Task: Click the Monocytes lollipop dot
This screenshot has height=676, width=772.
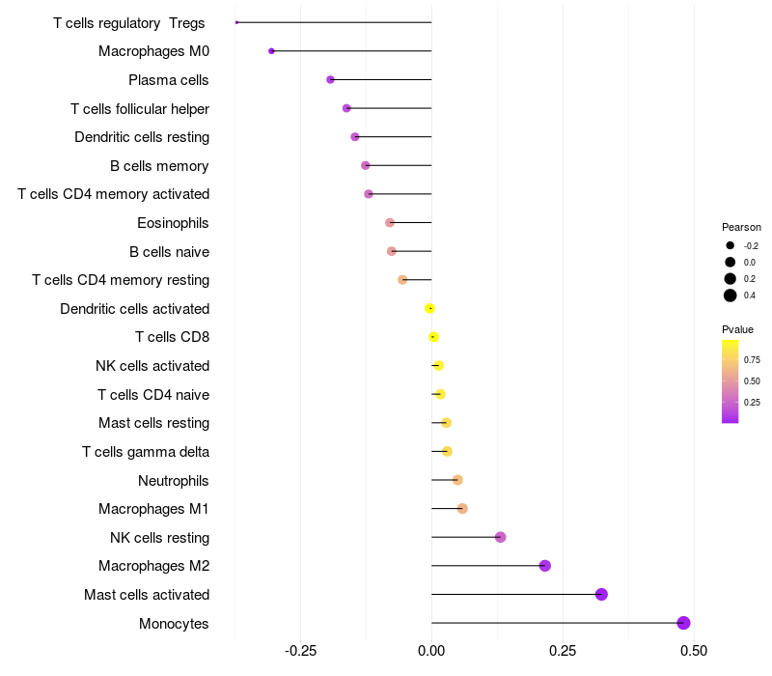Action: pyautogui.click(x=683, y=623)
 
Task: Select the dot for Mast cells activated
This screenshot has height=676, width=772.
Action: pyautogui.click(x=601, y=594)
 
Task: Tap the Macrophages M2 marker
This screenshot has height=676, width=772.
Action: pyautogui.click(x=544, y=566)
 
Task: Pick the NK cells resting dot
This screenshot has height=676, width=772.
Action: pyautogui.click(x=500, y=537)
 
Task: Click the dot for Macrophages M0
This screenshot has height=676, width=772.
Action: pyautogui.click(x=271, y=51)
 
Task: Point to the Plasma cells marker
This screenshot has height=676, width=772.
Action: pyautogui.click(x=330, y=79)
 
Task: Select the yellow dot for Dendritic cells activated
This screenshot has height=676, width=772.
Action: pyautogui.click(x=429, y=308)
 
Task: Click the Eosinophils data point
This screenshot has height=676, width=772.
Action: pyautogui.click(x=390, y=222)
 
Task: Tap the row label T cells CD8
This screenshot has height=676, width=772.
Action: pyautogui.click(x=172, y=337)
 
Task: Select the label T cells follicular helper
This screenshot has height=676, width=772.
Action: pyautogui.click(x=140, y=108)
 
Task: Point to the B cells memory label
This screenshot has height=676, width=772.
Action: pyautogui.click(x=159, y=165)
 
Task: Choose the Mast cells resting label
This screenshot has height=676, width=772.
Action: pyautogui.click(x=153, y=423)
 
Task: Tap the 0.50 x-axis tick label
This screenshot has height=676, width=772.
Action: pyautogui.click(x=693, y=649)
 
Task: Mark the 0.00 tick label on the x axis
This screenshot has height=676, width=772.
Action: pyautogui.click(x=431, y=649)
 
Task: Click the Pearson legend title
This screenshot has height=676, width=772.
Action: pyautogui.click(x=741, y=227)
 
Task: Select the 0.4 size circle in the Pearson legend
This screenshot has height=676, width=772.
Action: pyautogui.click(x=731, y=296)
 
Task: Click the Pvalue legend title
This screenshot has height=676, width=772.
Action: pyautogui.click(x=737, y=329)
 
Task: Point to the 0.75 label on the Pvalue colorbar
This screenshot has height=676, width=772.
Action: pyautogui.click(x=753, y=360)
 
